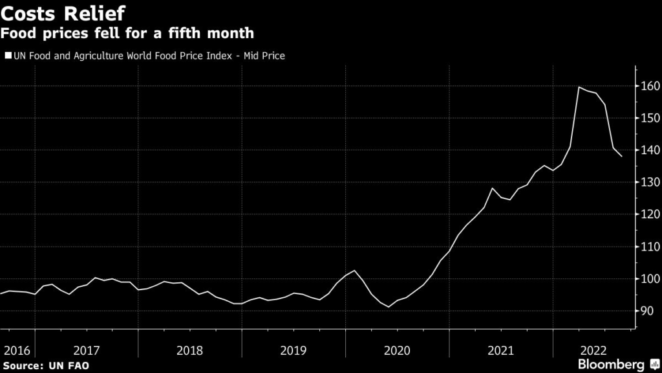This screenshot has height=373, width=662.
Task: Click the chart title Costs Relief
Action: (63, 12)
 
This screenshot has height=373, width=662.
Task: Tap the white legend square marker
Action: (8, 56)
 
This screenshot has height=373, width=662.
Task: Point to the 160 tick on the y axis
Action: (650, 86)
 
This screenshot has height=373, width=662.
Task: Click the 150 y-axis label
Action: (650, 119)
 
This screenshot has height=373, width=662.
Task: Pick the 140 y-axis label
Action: (650, 150)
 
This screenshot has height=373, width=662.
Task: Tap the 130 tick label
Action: (650, 183)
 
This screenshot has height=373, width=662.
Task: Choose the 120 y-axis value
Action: (650, 214)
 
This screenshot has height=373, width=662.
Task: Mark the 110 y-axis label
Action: (650, 247)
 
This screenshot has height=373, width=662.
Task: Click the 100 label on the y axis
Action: (650, 279)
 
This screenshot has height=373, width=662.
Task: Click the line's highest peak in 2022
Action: (579, 87)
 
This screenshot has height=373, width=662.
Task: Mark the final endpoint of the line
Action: (622, 156)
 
